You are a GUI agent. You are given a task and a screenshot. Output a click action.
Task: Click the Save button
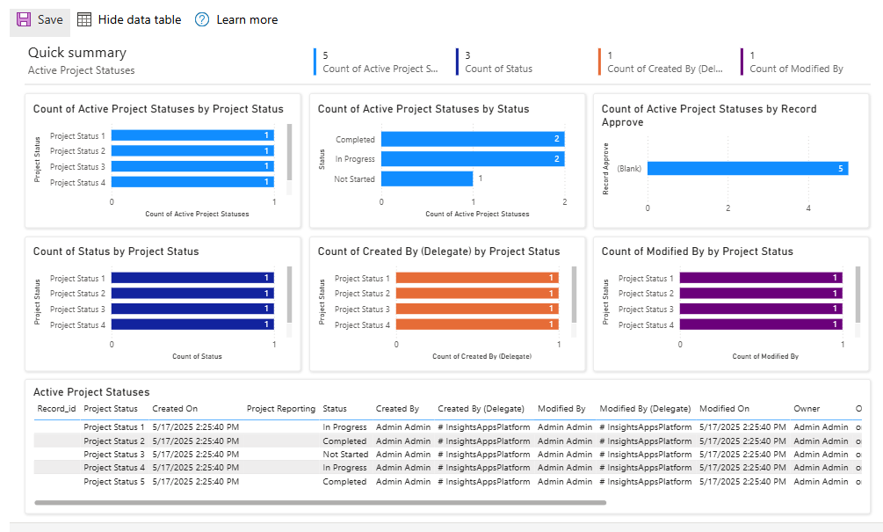tap(40, 19)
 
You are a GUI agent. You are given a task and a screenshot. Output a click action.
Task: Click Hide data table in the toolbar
tap(129, 19)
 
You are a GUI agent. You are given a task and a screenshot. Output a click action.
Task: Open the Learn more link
tap(236, 19)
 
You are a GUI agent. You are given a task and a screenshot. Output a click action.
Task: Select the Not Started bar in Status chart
tap(426, 179)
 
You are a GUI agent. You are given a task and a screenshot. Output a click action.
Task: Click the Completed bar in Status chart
tap(472, 139)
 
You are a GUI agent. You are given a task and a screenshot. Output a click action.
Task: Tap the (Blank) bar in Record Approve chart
tap(747, 168)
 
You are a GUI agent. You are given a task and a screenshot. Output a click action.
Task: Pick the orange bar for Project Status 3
tap(475, 309)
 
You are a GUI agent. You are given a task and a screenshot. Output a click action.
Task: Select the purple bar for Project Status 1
tap(760, 278)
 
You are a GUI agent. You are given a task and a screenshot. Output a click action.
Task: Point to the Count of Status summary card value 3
tap(467, 55)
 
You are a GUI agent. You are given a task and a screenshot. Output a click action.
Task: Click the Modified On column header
tap(724, 409)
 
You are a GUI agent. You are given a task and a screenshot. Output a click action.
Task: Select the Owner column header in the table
tap(807, 409)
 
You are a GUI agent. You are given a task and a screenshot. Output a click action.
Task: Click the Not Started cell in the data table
tap(344, 455)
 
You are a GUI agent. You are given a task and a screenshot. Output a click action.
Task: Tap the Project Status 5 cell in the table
tap(114, 482)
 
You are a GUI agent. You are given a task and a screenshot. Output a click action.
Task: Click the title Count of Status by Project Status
tap(116, 251)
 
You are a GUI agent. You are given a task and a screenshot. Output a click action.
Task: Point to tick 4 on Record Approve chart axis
tap(808, 208)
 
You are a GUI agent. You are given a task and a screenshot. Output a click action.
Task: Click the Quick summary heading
tap(77, 53)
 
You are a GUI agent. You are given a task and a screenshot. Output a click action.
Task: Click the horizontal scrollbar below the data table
tap(321, 503)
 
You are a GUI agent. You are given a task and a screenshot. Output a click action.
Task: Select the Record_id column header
tap(56, 409)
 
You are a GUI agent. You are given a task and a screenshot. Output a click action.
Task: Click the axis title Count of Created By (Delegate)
tap(481, 356)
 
